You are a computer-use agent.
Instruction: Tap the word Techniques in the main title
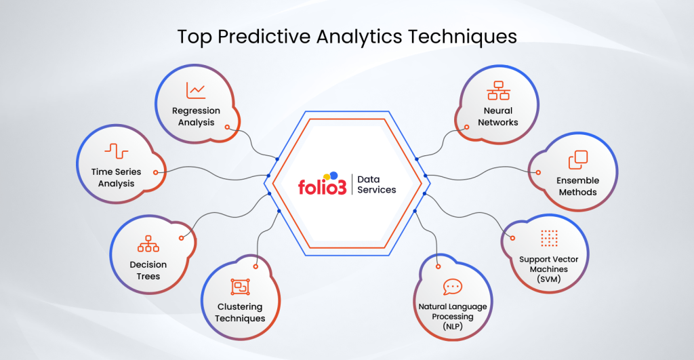click(x=462, y=37)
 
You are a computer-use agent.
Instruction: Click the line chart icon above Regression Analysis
click(x=196, y=90)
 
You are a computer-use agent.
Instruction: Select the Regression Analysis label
click(x=196, y=117)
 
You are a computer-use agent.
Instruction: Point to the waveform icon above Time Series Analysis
click(x=117, y=151)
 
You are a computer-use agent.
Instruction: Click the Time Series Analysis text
click(x=116, y=178)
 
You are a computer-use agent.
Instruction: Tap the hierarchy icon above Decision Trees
click(x=148, y=243)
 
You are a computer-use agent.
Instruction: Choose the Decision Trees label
click(x=148, y=270)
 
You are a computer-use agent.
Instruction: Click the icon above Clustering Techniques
click(x=241, y=287)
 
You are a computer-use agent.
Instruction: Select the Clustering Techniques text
click(x=240, y=313)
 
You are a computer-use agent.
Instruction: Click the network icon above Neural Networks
click(x=498, y=90)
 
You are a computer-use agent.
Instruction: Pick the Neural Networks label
click(x=498, y=117)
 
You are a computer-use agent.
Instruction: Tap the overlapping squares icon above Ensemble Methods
click(x=578, y=160)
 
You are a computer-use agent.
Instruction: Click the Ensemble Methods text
click(x=577, y=186)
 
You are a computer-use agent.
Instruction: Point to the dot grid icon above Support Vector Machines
click(x=549, y=238)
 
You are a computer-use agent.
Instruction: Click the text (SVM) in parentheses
click(x=549, y=279)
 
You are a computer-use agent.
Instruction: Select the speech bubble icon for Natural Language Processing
click(x=452, y=287)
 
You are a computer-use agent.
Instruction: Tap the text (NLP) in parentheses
click(x=452, y=327)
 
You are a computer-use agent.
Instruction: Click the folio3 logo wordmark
click(x=322, y=184)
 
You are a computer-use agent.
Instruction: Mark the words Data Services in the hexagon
click(x=377, y=184)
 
